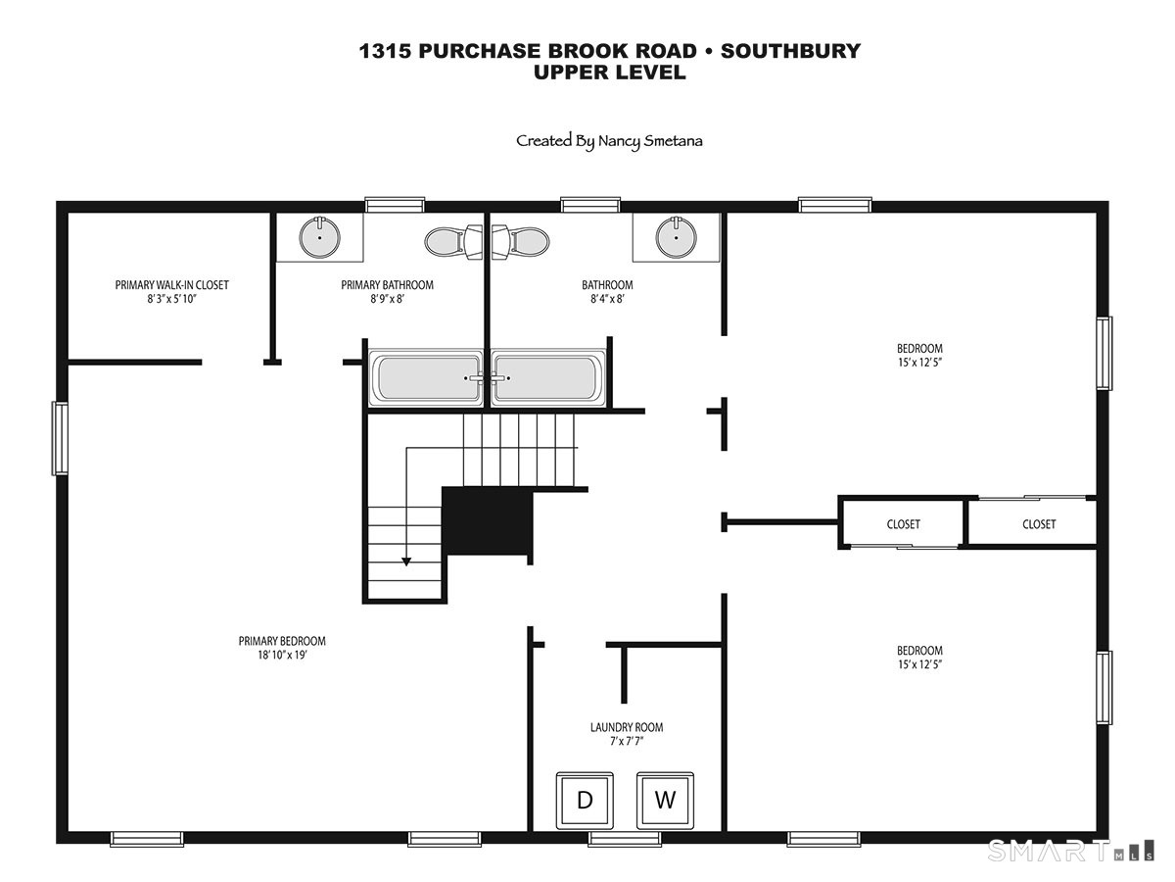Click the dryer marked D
[x=585, y=800]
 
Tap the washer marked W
[x=665, y=800]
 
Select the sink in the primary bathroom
[x=319, y=237]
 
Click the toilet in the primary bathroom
[x=453, y=241]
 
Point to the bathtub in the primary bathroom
[x=426, y=377]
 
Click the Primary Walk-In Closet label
[x=171, y=285]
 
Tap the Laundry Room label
[x=627, y=727]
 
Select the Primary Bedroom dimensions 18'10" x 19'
[x=282, y=655]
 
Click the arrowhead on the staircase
[x=406, y=562]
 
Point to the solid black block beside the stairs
[x=487, y=521]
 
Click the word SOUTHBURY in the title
[x=790, y=51]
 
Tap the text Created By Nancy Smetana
[x=609, y=141]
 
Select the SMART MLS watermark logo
[x=1070, y=851]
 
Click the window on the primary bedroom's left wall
[x=60, y=439]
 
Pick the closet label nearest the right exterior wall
[x=1039, y=524]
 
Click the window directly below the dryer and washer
[x=625, y=839]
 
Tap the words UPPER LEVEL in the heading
[x=610, y=73]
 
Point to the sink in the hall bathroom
[x=676, y=237]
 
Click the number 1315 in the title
[x=385, y=51]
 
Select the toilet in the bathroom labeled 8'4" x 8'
[x=521, y=241]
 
